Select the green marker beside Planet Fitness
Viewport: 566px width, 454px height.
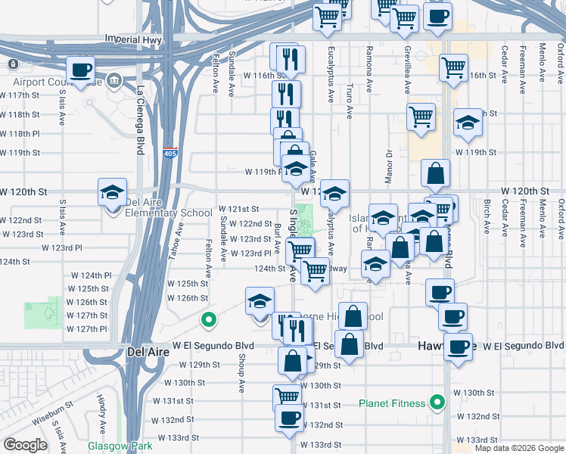[x=436, y=403]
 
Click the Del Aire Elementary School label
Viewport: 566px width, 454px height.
[x=168, y=213]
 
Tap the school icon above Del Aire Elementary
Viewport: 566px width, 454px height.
[x=112, y=192]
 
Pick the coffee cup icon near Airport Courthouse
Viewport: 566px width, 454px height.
[x=81, y=71]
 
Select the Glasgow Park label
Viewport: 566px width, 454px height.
[x=120, y=446]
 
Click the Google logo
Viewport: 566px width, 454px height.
[x=25, y=446]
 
